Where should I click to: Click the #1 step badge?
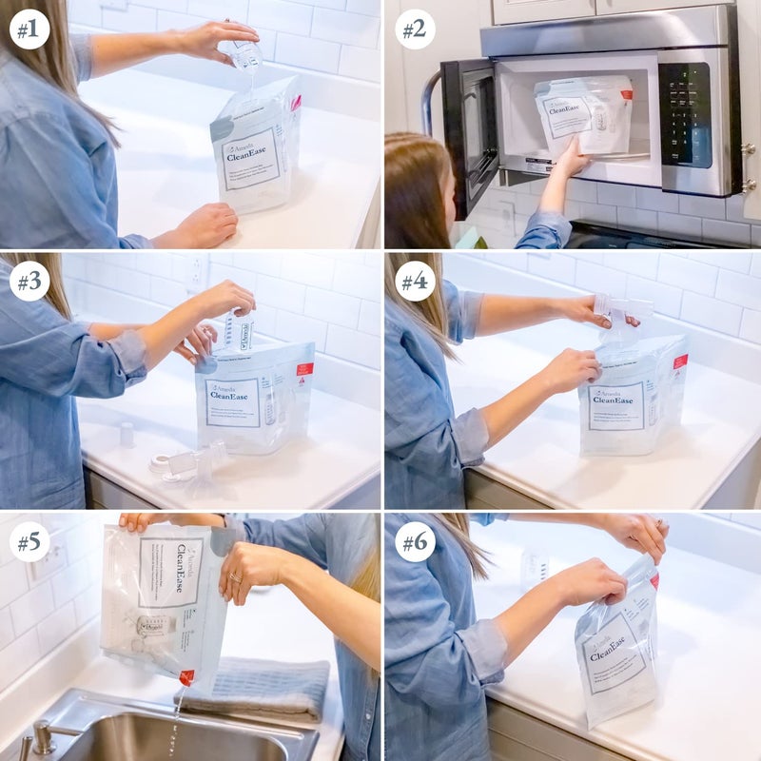[x=29, y=29]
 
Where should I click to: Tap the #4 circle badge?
[x=414, y=282]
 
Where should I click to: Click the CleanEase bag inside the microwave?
[x=583, y=116]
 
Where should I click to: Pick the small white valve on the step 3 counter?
[x=127, y=435]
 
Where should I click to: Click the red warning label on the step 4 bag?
[x=679, y=362]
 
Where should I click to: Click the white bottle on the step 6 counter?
[x=535, y=568]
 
